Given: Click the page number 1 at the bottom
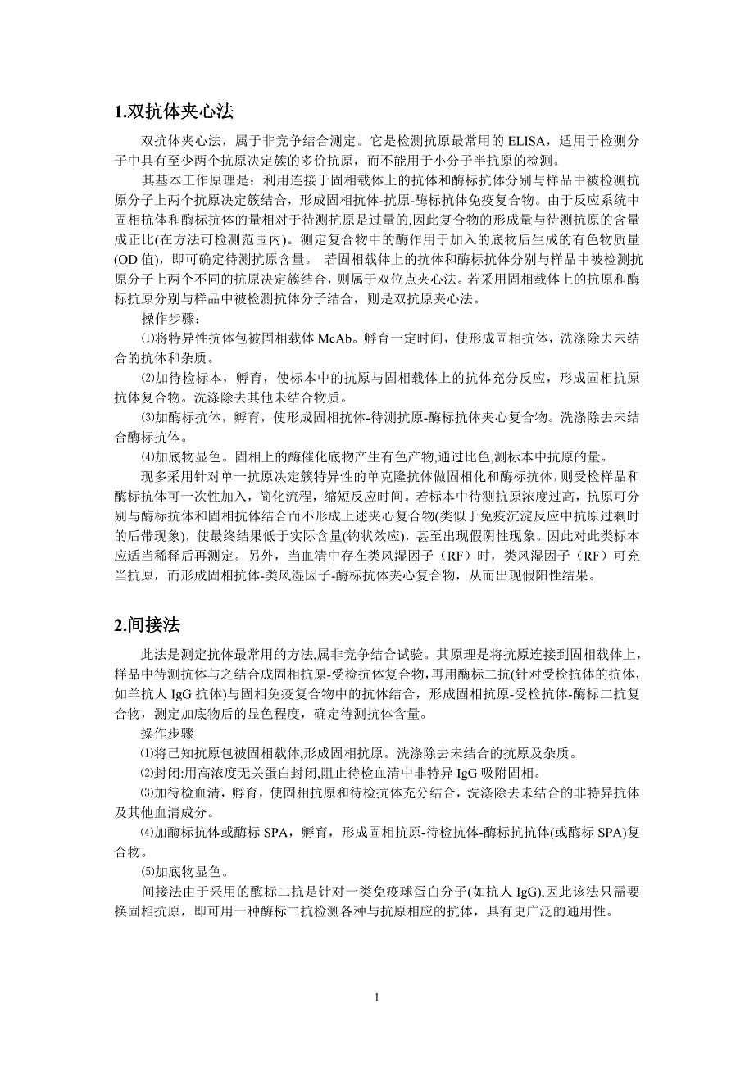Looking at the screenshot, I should (x=376, y=997).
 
